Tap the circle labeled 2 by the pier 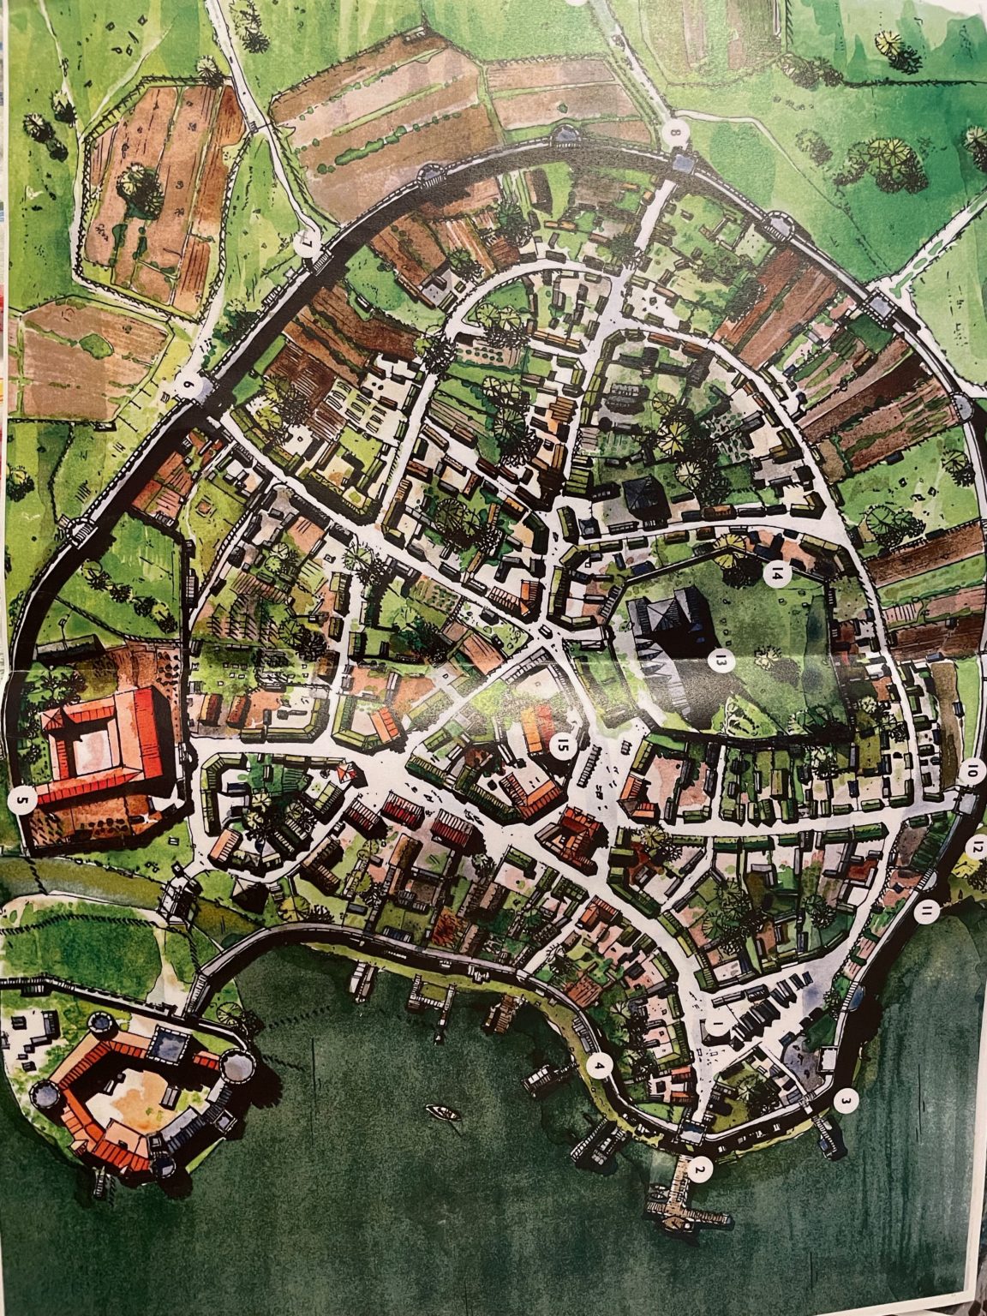[702, 1169]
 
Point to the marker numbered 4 [600, 1068]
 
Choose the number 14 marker [776, 573]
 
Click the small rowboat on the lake [444, 1114]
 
